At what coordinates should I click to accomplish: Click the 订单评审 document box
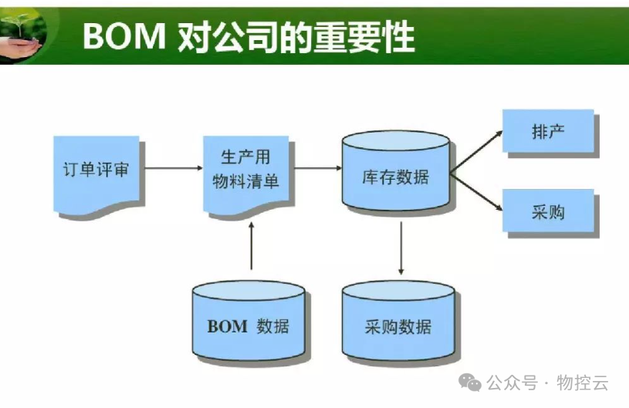coord(96,171)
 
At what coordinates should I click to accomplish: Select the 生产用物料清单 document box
coord(245,171)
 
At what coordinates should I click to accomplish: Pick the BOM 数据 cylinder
coord(248,322)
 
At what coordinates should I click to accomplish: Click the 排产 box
coord(548,131)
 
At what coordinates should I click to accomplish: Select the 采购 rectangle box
coord(548,211)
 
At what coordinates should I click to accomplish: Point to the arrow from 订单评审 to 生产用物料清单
coord(171,167)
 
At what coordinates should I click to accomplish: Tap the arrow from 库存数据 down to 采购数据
coord(401,248)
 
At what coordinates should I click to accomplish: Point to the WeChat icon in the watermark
coord(469,382)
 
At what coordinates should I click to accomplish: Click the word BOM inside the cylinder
coord(227,325)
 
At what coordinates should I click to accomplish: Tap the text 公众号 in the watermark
coord(510,383)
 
